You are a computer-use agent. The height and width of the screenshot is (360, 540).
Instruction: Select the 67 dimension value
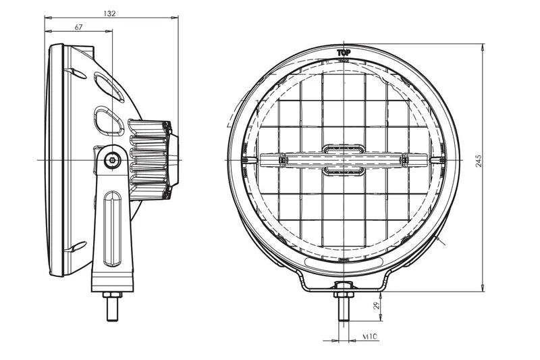(78, 27)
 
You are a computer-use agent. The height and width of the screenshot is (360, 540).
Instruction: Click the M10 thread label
(369, 336)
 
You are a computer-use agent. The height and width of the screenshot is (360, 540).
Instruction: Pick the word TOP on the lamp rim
(344, 51)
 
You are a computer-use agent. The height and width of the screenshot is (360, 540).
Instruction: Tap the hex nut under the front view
(343, 291)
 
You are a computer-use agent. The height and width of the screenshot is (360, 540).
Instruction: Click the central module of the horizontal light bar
(344, 159)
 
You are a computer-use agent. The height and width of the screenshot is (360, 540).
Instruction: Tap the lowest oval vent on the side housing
(78, 247)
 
